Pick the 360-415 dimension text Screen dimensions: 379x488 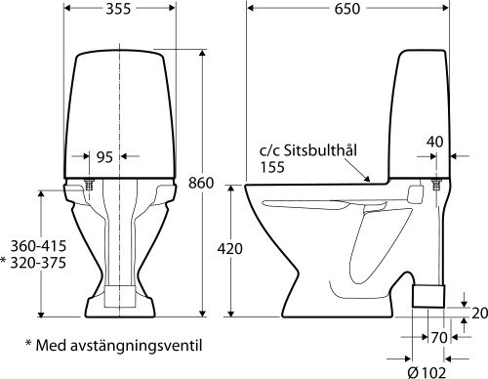tap(29, 246)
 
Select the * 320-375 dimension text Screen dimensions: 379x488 tap(29, 263)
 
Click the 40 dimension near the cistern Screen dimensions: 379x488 tap(434, 142)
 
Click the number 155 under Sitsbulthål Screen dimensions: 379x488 tap(272, 168)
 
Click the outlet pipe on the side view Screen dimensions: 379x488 tap(428, 293)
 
